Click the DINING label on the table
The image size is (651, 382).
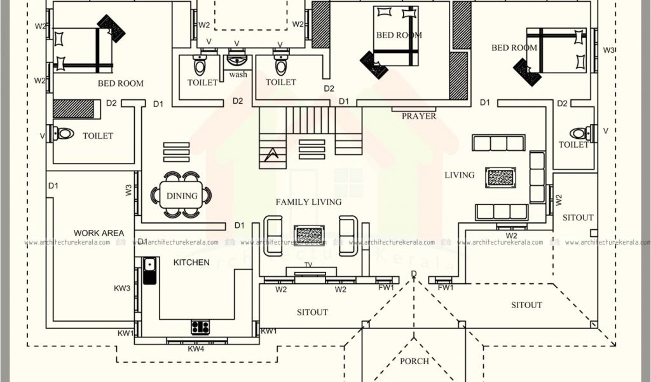(x=182, y=195)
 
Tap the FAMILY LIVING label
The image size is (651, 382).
(x=308, y=202)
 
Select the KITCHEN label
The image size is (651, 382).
(x=191, y=262)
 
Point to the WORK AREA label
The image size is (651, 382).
(x=99, y=233)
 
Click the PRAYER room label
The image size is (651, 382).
(x=419, y=117)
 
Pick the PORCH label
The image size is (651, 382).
(x=415, y=361)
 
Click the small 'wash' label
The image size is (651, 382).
(x=238, y=74)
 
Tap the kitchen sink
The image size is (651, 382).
(x=150, y=271)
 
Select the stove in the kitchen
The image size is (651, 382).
(x=200, y=327)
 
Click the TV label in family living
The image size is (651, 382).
(x=308, y=265)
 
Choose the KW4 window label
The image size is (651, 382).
(x=196, y=349)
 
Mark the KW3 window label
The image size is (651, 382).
(x=122, y=288)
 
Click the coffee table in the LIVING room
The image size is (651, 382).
(x=500, y=178)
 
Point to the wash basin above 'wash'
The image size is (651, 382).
(x=237, y=60)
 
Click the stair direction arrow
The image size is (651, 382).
(x=272, y=153)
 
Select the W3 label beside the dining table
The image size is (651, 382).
(x=128, y=190)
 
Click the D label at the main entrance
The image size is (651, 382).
(x=414, y=274)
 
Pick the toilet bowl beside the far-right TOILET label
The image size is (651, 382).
(x=579, y=134)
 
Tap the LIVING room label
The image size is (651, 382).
(x=459, y=175)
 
